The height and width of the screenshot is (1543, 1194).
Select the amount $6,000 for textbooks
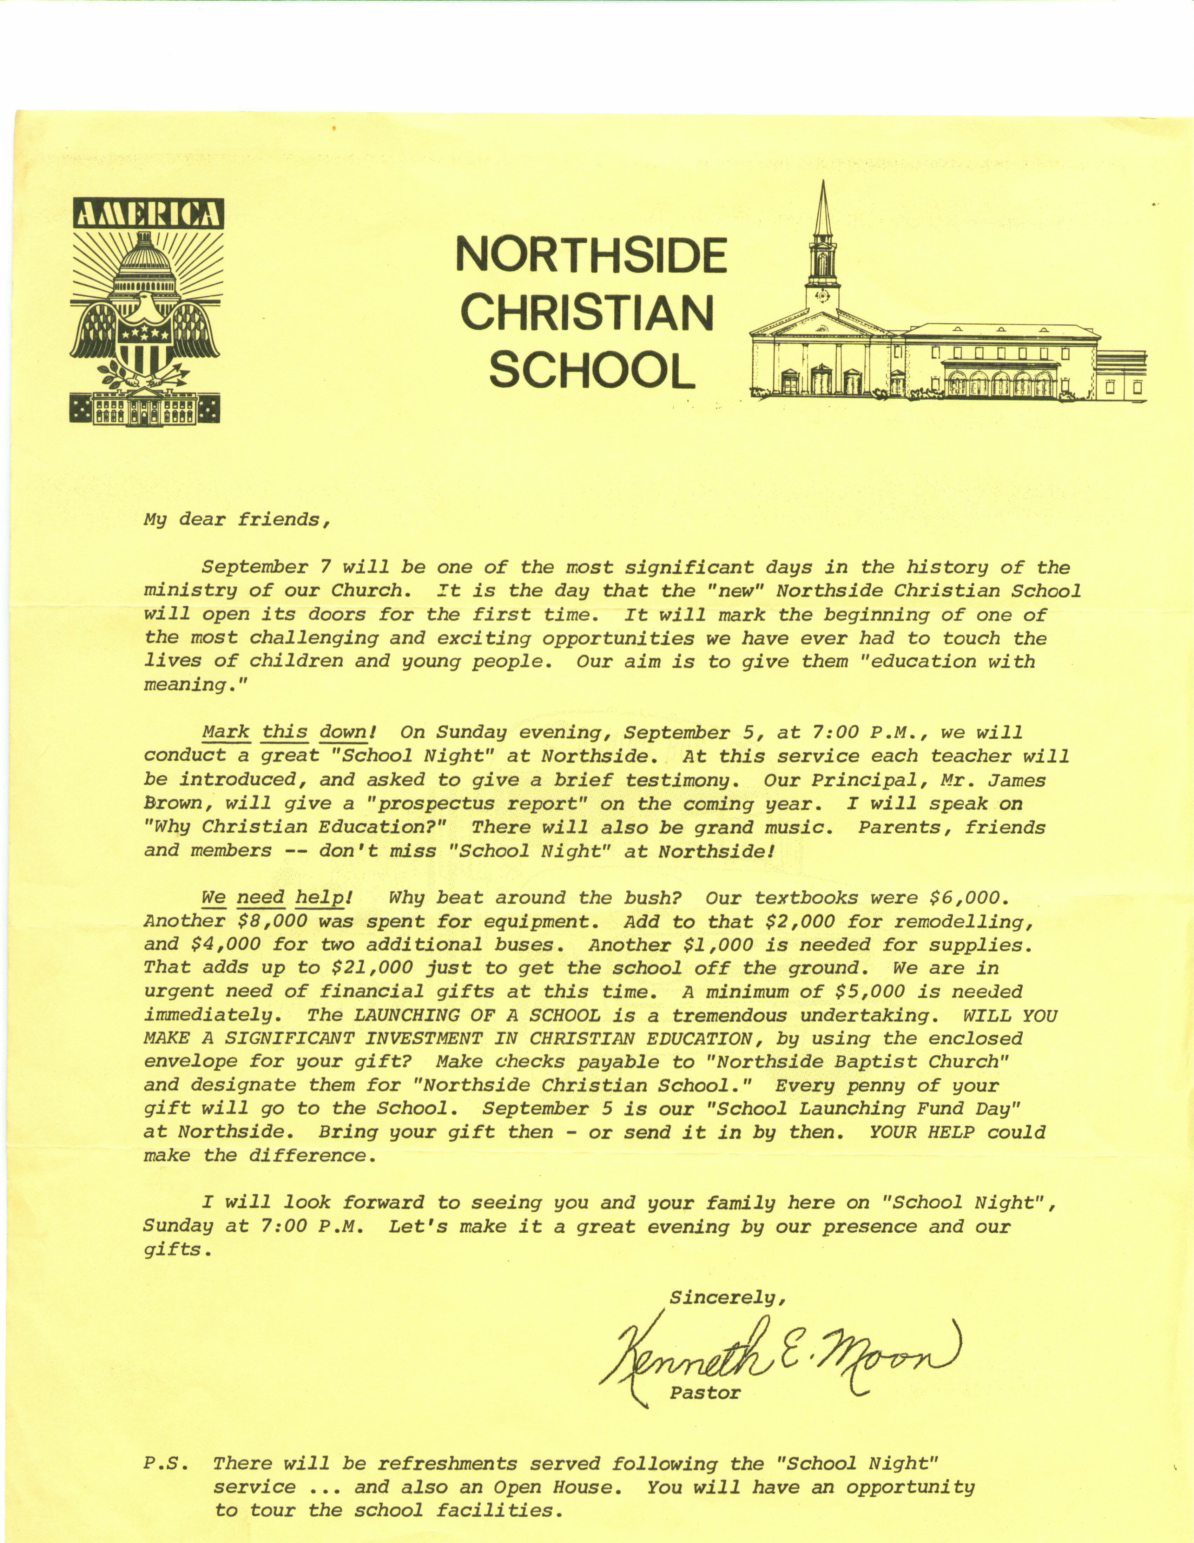coord(965,898)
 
